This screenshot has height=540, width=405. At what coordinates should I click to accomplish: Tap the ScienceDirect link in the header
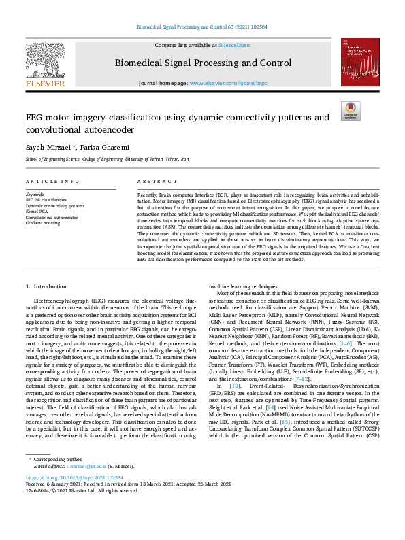coord(234,45)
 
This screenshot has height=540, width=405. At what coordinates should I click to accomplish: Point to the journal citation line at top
coord(202,29)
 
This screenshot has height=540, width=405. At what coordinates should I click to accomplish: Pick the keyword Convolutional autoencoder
coord(52,218)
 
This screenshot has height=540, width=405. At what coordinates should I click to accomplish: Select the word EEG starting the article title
coord(35,118)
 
